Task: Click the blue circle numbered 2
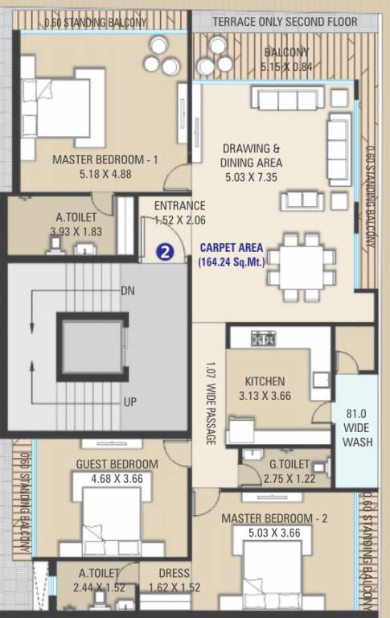tap(164, 252)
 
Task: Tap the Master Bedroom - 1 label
tap(105, 160)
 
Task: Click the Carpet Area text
tap(232, 247)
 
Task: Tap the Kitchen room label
tap(265, 381)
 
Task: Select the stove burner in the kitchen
tap(263, 339)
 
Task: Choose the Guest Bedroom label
tap(117, 464)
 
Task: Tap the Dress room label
tap(174, 574)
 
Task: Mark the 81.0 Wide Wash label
tap(357, 429)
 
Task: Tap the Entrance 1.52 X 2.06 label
tap(179, 212)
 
